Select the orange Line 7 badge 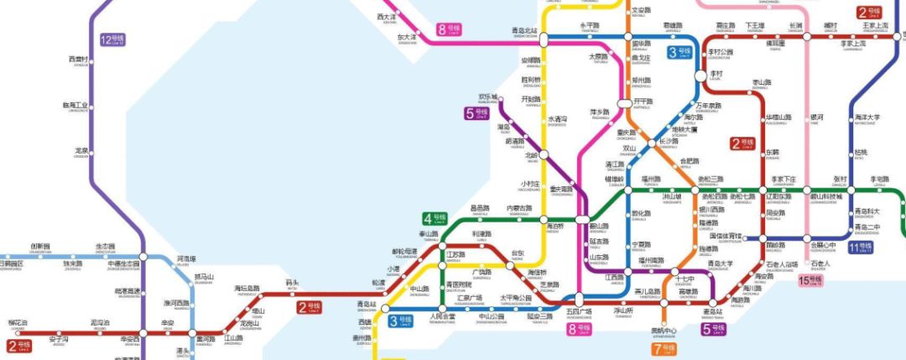coord(662,347)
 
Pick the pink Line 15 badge coord(811,279)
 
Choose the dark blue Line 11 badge coord(860,248)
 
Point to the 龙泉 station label coord(81,152)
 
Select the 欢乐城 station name coord(487,97)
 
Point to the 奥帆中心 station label coord(664,330)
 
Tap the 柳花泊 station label coord(18,323)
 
